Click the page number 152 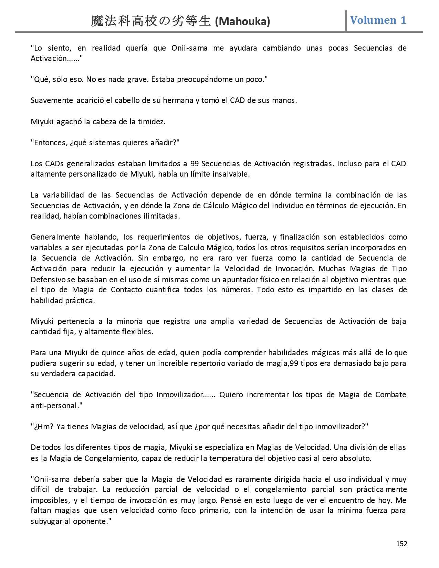[401, 544]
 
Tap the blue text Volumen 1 [378, 20]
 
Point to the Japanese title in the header [151, 21]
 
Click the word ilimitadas [161, 216]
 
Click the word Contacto [126, 290]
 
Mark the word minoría [129, 321]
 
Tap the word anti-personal [55, 406]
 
